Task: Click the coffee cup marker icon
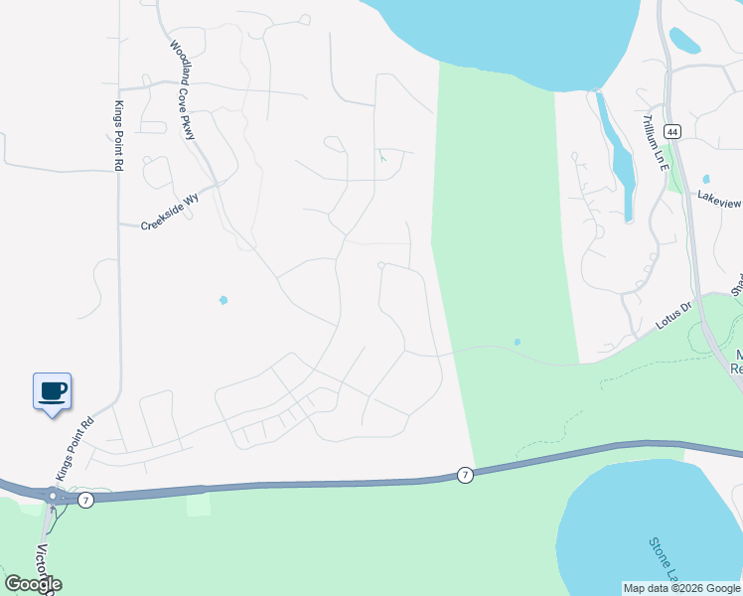point(53,391)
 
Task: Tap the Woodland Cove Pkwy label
point(183,88)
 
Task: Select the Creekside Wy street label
point(170,212)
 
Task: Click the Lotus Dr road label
point(672,315)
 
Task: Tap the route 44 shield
point(672,131)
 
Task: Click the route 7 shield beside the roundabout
point(86,500)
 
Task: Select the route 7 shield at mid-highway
point(465,477)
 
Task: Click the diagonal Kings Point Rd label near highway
point(75,449)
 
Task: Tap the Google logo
point(34,584)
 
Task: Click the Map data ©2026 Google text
point(681,588)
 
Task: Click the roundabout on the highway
point(52,495)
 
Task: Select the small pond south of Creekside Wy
point(223,299)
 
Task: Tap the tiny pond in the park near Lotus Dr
point(517,343)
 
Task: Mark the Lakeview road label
point(719,202)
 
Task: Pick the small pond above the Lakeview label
point(706,180)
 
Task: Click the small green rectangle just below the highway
point(199,505)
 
